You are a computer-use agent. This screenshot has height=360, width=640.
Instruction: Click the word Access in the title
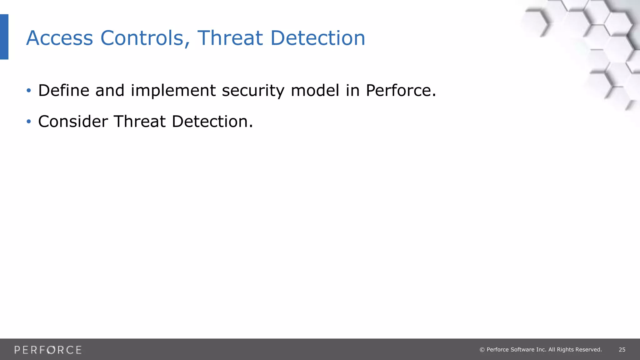59,38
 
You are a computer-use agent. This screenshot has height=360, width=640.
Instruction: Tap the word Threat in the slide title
230,38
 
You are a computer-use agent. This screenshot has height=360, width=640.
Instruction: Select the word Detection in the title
317,38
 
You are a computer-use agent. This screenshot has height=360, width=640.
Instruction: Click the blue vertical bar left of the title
4,37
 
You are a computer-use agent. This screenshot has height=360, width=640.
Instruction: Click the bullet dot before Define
29,91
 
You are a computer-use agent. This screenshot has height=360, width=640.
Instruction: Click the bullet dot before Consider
29,121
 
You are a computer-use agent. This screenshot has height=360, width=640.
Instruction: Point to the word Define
64,91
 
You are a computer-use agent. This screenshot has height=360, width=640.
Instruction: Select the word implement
173,91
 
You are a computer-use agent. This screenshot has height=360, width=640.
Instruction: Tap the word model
315,91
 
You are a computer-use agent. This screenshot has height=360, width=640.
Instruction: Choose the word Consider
73,121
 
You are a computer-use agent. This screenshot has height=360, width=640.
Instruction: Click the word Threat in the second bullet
139,121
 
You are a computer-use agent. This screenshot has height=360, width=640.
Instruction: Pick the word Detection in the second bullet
210,121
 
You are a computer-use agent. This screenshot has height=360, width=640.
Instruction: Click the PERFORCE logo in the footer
48,350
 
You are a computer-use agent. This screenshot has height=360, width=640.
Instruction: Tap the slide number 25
622,350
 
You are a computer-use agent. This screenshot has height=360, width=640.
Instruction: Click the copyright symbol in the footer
482,350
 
